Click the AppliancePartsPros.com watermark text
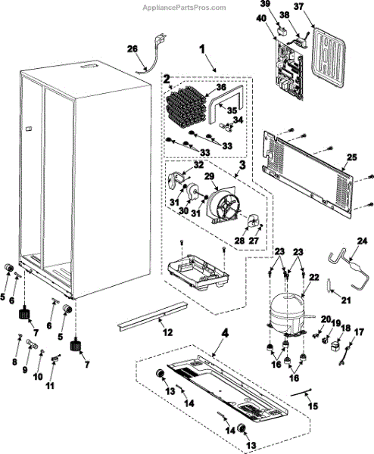click(x=184, y=8)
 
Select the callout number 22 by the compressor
click(x=313, y=278)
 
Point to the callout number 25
click(x=352, y=158)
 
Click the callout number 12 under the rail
click(x=167, y=332)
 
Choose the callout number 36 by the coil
click(x=221, y=88)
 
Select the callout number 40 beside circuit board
click(x=261, y=18)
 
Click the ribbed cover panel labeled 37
click(x=329, y=58)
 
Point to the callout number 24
click(x=362, y=241)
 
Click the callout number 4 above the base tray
click(x=225, y=333)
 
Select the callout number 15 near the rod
click(x=313, y=406)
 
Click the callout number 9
click(x=25, y=369)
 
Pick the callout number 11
click(x=51, y=385)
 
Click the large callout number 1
click(x=202, y=49)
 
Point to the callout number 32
click(x=198, y=164)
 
